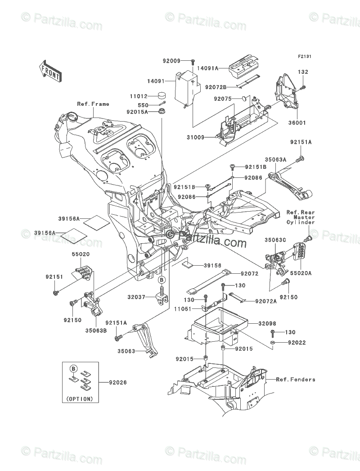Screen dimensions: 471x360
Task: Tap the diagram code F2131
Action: tap(304, 57)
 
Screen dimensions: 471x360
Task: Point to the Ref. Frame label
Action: tap(93, 104)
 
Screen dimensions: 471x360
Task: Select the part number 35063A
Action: tap(275, 159)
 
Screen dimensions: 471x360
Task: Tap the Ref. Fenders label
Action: tap(296, 380)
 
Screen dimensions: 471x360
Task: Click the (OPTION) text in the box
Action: tap(79, 399)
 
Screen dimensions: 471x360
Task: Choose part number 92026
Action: tap(117, 383)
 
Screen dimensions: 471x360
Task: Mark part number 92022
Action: tap(284, 343)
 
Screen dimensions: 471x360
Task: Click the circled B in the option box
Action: tap(72, 368)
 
